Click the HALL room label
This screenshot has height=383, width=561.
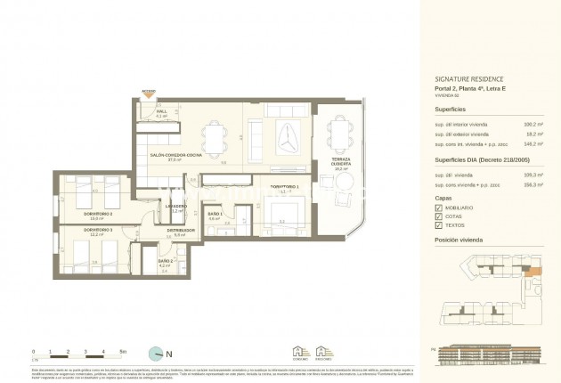[162, 111]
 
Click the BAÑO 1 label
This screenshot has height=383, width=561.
[214, 215]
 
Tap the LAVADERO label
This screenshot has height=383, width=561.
[175, 207]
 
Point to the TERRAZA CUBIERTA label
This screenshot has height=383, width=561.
[341, 163]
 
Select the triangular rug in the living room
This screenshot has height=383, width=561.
[289, 136]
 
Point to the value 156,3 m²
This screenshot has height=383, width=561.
[533, 186]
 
